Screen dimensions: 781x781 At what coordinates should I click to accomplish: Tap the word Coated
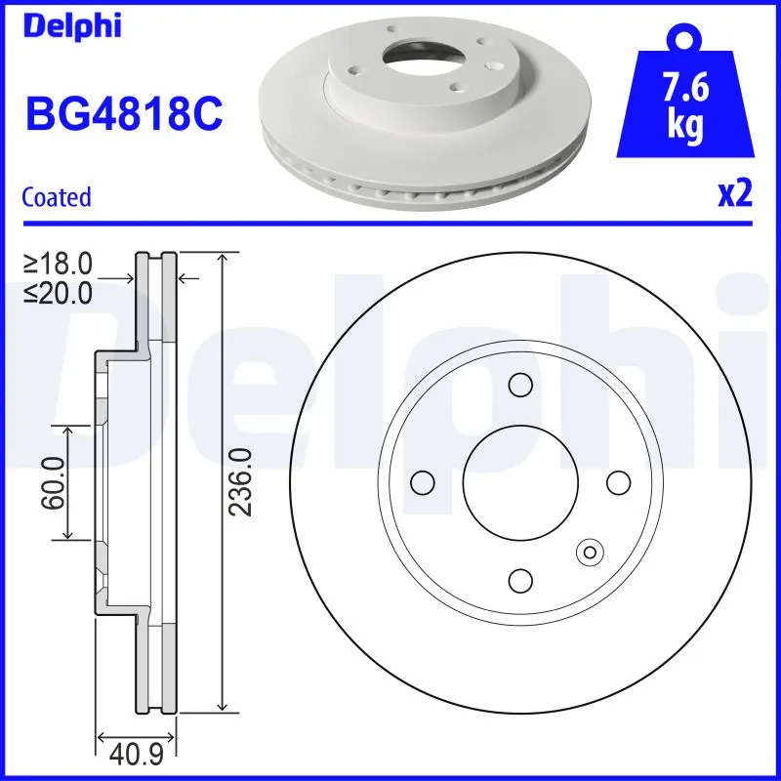pos(56,197)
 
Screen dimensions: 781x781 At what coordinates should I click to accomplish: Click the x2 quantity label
pos(734,194)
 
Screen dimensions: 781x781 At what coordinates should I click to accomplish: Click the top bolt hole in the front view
pos(520,385)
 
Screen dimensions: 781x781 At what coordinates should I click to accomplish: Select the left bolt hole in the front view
pos(422,482)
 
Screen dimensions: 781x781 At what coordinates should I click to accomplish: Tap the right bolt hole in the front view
pos(618,482)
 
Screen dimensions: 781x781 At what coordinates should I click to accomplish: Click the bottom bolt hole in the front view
pos(520,581)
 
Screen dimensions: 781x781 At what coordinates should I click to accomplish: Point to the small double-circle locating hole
pos(590,552)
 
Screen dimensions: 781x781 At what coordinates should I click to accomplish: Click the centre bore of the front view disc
pos(520,482)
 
